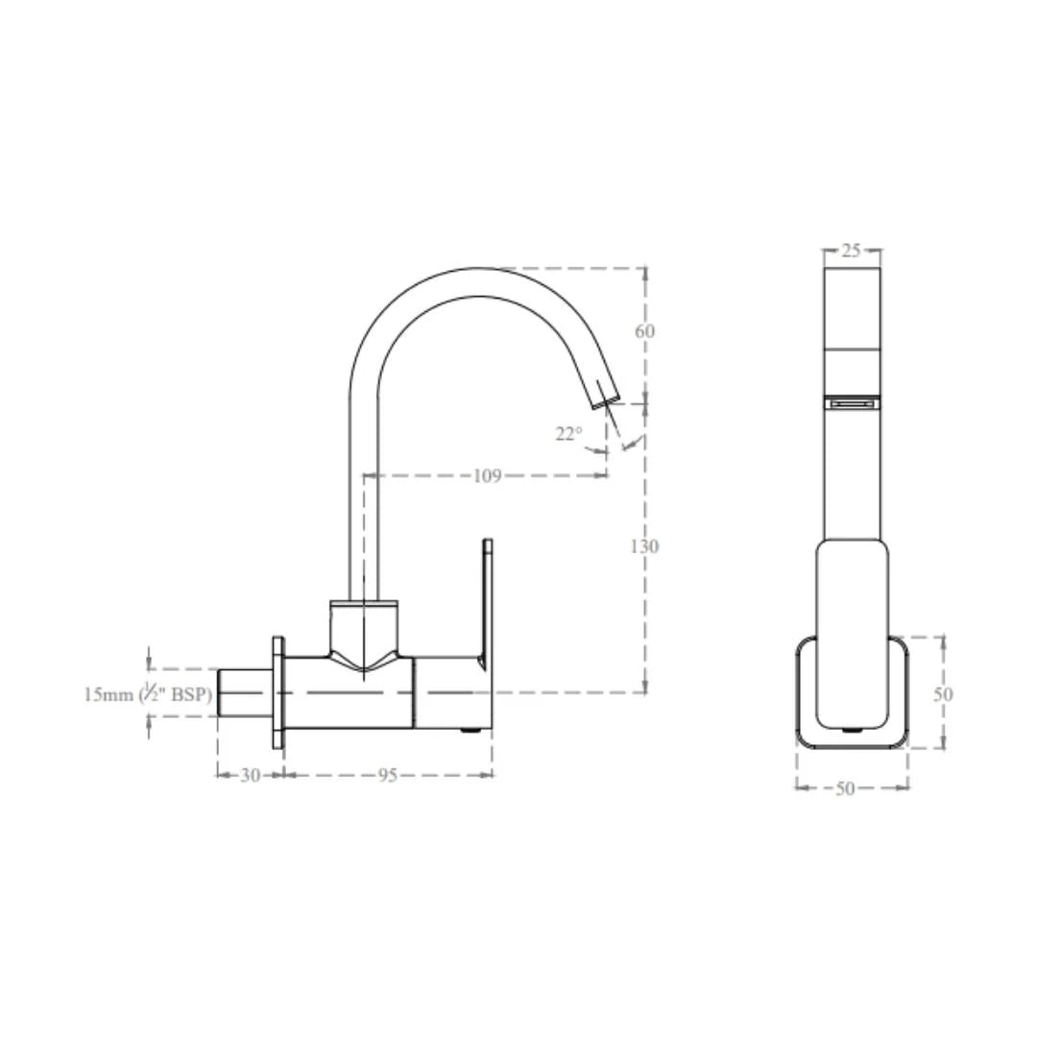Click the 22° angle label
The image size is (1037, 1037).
click(x=568, y=434)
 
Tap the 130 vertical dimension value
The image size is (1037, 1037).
click(x=644, y=546)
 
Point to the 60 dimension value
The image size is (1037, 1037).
click(x=644, y=331)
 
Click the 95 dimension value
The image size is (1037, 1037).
click(x=386, y=776)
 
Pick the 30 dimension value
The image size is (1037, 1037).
click(x=249, y=776)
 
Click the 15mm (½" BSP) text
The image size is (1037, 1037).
click(x=148, y=694)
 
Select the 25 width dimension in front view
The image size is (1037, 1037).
click(x=851, y=251)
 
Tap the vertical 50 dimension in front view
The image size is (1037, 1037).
click(x=943, y=693)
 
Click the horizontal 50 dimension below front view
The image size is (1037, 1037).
click(x=845, y=788)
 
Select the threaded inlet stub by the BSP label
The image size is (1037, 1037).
click(x=245, y=692)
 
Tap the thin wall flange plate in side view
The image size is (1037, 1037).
click(x=278, y=691)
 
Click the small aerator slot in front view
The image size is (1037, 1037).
click(x=853, y=404)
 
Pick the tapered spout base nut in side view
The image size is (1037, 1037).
click(x=364, y=634)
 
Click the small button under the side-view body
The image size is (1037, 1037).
click(x=470, y=731)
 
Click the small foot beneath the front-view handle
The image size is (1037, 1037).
click(x=853, y=731)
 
